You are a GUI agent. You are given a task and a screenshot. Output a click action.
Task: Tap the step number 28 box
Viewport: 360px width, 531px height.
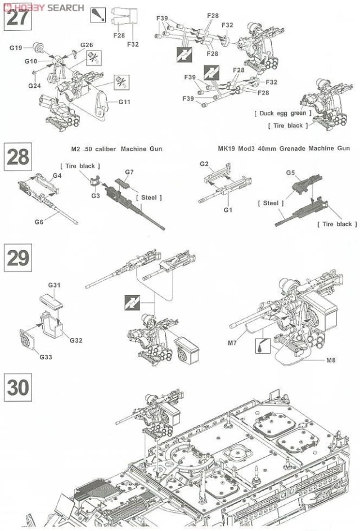pos(17,157)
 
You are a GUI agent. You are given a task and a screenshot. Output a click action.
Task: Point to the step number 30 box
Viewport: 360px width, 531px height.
pos(17,386)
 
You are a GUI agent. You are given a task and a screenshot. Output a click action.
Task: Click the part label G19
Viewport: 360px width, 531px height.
pos(15,48)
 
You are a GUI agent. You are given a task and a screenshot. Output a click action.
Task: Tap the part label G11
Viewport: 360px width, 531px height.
pos(124,101)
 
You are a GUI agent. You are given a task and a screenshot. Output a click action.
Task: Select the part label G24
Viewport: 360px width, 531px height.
pos(35,85)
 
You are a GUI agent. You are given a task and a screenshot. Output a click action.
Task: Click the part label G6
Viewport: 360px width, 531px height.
pos(38,222)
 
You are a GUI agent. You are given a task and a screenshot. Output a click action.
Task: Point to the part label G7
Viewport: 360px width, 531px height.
pos(129,172)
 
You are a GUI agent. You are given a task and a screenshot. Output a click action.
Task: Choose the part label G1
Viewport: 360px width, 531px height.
pos(228,209)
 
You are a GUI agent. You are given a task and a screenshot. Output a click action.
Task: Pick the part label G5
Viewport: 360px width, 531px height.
pos(290,172)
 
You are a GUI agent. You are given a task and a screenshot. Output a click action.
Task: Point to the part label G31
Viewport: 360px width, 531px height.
pos(54,286)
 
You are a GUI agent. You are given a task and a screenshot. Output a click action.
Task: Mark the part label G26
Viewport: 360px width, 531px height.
pos(86,45)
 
